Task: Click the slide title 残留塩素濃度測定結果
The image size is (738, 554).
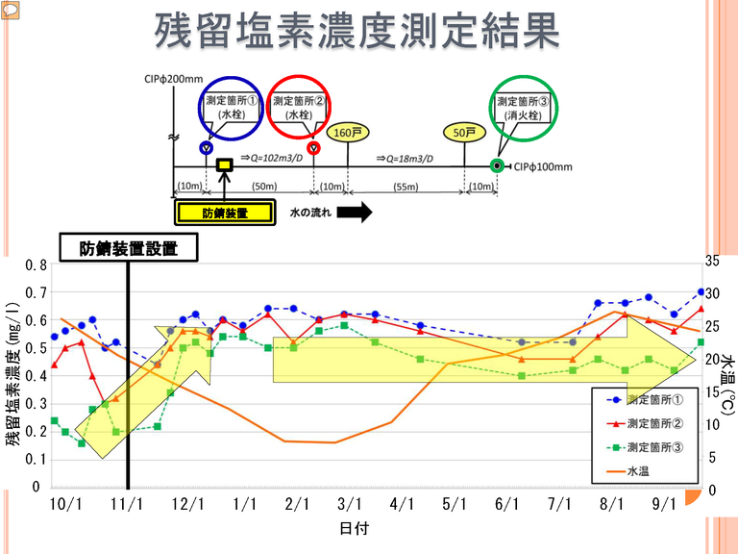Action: pyautogui.click(x=357, y=33)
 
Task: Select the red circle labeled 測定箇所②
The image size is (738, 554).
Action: pyautogui.click(x=301, y=107)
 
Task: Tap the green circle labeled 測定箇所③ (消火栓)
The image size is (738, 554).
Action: pyautogui.click(x=523, y=107)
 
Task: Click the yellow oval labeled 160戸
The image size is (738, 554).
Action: pyautogui.click(x=347, y=133)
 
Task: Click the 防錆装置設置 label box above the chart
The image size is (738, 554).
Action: pyautogui.click(x=129, y=248)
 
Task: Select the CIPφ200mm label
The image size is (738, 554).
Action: pyautogui.click(x=171, y=80)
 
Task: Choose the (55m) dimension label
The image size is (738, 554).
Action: pyautogui.click(x=407, y=185)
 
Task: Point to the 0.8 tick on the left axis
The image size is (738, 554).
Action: pyautogui.click(x=36, y=264)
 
